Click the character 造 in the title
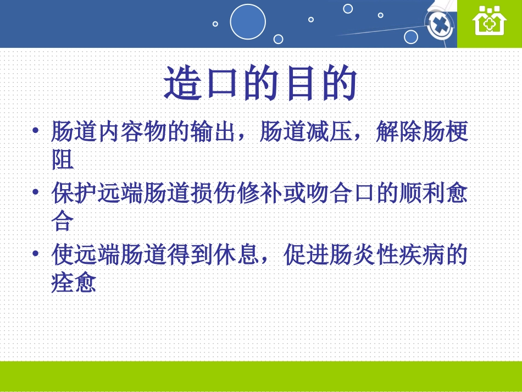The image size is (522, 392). (183, 83)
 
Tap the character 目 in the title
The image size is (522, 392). (301, 83)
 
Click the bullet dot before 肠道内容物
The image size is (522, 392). (36, 130)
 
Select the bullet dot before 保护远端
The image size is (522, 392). (36, 192)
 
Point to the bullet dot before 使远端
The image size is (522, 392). (36, 253)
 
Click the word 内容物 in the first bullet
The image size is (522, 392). (132, 131)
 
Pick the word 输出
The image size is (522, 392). (213, 131)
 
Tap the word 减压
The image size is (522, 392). (329, 131)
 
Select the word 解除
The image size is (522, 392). (398, 131)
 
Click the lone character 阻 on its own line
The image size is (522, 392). (63, 159)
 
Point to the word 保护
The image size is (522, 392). (74, 193)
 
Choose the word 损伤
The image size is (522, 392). (213, 193)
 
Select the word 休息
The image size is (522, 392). (237, 255)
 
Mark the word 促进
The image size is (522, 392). (306, 255)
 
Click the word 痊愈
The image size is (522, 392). (74, 283)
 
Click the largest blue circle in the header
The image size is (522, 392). (248, 21)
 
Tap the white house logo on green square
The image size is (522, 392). (490, 21)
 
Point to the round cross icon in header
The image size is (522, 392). (440, 25)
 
